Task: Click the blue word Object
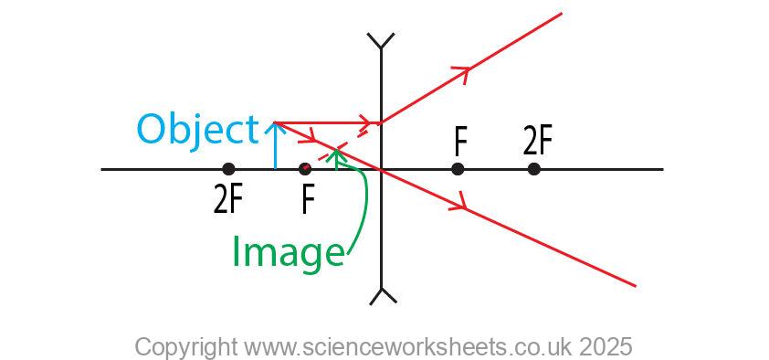click(197, 131)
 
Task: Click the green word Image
click(288, 251)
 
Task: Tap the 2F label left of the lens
click(227, 199)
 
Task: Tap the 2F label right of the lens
click(538, 141)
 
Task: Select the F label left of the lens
click(309, 199)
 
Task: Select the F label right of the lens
click(460, 141)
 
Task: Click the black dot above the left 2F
click(228, 169)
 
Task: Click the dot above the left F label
click(305, 169)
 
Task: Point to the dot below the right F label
click(458, 169)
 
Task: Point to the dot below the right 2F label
click(534, 169)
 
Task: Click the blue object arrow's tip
click(275, 126)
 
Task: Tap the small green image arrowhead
click(337, 154)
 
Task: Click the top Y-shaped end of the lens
click(380, 41)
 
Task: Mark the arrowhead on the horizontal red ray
click(367, 122)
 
